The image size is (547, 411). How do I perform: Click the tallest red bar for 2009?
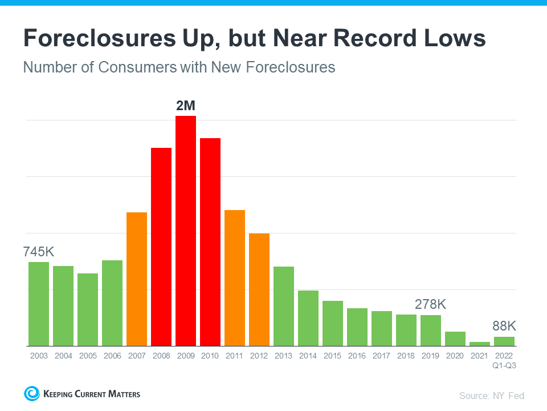click(x=186, y=231)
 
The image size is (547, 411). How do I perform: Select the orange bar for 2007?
click(x=137, y=279)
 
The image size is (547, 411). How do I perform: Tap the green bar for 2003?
click(x=39, y=304)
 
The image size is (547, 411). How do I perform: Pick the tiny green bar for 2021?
click(x=480, y=344)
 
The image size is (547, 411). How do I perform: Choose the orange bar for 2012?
click(x=259, y=289)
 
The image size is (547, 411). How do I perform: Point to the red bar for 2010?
click(x=210, y=242)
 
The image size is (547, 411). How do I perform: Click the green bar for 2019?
click(x=431, y=331)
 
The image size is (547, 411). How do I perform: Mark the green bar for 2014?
click(x=308, y=318)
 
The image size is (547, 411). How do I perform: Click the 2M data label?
click(x=186, y=106)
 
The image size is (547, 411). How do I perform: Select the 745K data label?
click(x=39, y=251)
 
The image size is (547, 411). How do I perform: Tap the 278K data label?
click(x=430, y=304)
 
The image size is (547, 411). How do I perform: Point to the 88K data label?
click(x=504, y=326)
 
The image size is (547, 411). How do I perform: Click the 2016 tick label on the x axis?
click(x=357, y=356)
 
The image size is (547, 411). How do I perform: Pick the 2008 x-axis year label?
click(x=161, y=356)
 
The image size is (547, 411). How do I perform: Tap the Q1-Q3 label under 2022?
click(x=504, y=366)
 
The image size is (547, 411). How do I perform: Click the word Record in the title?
click(x=366, y=38)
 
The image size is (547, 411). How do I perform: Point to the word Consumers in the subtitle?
click(x=137, y=67)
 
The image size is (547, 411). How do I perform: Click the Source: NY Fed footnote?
click(x=492, y=396)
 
